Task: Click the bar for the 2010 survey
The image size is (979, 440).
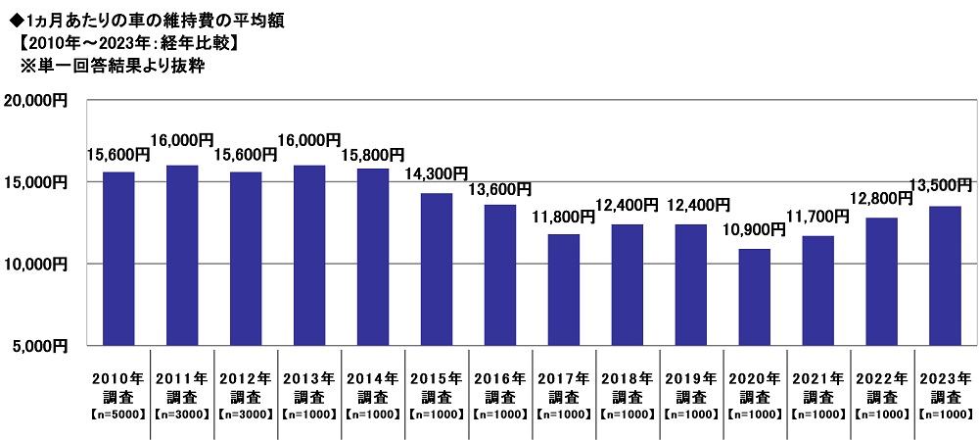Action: tap(118, 258)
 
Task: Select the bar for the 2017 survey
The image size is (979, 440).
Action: tap(563, 289)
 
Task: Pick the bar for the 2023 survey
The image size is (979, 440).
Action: tap(945, 275)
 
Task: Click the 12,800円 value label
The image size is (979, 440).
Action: tap(880, 199)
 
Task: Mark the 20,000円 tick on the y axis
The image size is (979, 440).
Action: tap(35, 100)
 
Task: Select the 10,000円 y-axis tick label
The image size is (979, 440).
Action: tap(35, 264)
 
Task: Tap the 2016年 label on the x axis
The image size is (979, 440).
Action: tap(500, 378)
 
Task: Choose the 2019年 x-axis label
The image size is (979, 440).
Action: tap(691, 378)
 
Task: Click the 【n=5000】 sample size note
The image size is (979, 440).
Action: tap(119, 415)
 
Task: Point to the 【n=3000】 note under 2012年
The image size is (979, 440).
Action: tap(246, 415)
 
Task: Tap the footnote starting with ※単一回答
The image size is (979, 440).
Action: tap(117, 67)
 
